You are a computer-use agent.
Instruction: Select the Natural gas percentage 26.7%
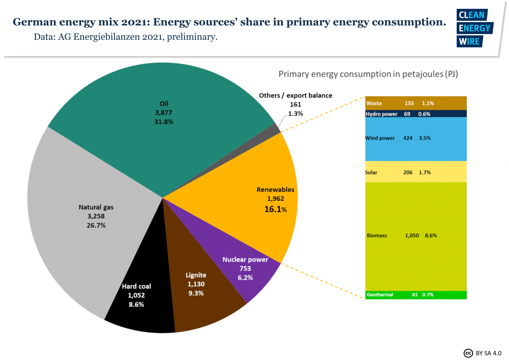(x=96, y=225)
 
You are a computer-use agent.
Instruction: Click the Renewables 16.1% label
(x=275, y=209)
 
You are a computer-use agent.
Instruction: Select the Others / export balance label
(x=295, y=96)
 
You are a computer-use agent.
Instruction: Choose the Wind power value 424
(x=408, y=138)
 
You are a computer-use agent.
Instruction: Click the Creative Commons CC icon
(x=468, y=353)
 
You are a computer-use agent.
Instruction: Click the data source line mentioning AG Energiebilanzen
(x=126, y=37)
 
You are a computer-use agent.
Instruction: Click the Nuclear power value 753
(x=245, y=268)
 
